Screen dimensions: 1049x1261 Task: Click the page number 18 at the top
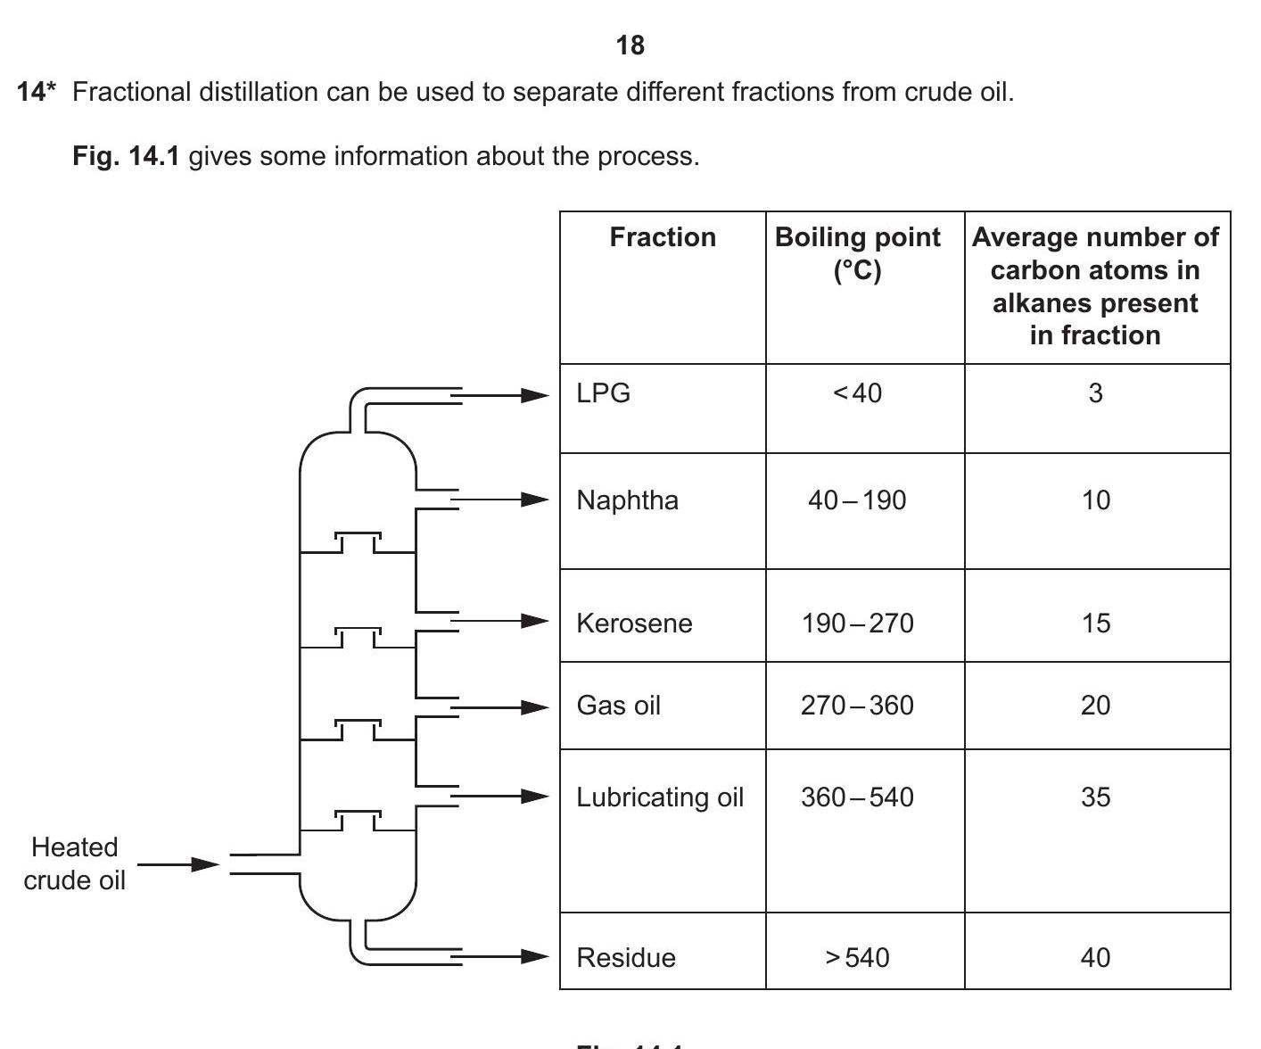coord(630,45)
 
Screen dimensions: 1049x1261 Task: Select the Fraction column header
coord(663,237)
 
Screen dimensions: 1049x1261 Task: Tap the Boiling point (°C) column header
coord(857,253)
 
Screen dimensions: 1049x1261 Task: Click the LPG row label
coord(604,393)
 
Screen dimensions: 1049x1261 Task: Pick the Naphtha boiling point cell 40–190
coord(857,500)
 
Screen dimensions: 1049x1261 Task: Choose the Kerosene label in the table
coord(634,623)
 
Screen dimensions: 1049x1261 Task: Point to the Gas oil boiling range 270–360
coord(857,706)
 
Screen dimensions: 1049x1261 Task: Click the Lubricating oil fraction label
coord(660,797)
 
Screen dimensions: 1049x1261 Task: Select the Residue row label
coord(626,958)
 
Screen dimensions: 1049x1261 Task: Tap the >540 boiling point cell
coord(857,958)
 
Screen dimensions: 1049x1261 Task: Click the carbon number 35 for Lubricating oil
coord(1095,797)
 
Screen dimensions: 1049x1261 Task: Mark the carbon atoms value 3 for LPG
coord(1095,393)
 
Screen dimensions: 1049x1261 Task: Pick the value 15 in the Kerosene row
coord(1095,623)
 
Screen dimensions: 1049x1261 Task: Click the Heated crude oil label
coord(75,863)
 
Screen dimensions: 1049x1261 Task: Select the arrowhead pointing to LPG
coord(535,395)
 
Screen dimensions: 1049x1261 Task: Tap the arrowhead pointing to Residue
coord(535,957)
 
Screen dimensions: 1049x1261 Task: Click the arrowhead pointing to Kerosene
coord(535,621)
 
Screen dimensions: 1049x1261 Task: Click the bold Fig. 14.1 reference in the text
coord(126,157)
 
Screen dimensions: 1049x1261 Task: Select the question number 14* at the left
coord(37,92)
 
